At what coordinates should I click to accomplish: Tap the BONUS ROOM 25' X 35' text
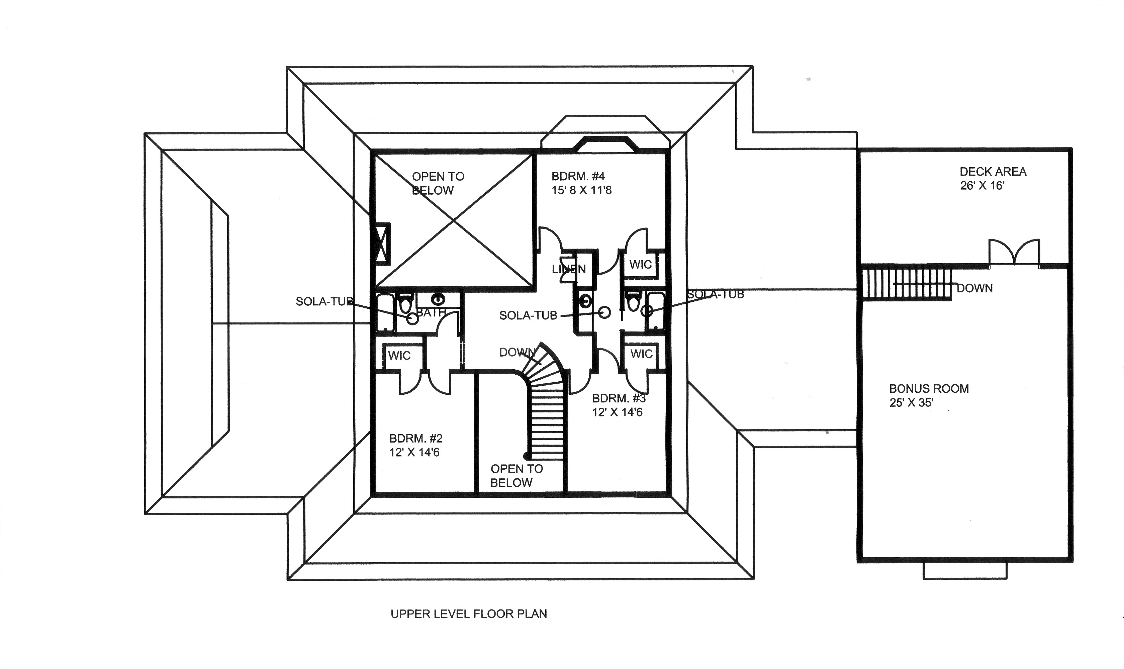pyautogui.click(x=928, y=395)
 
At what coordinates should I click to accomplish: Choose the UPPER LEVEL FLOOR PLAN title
pyautogui.click(x=468, y=613)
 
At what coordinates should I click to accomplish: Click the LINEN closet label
pyautogui.click(x=569, y=269)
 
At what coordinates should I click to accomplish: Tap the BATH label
pyautogui.click(x=431, y=312)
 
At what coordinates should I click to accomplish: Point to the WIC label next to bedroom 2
pyautogui.click(x=399, y=356)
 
